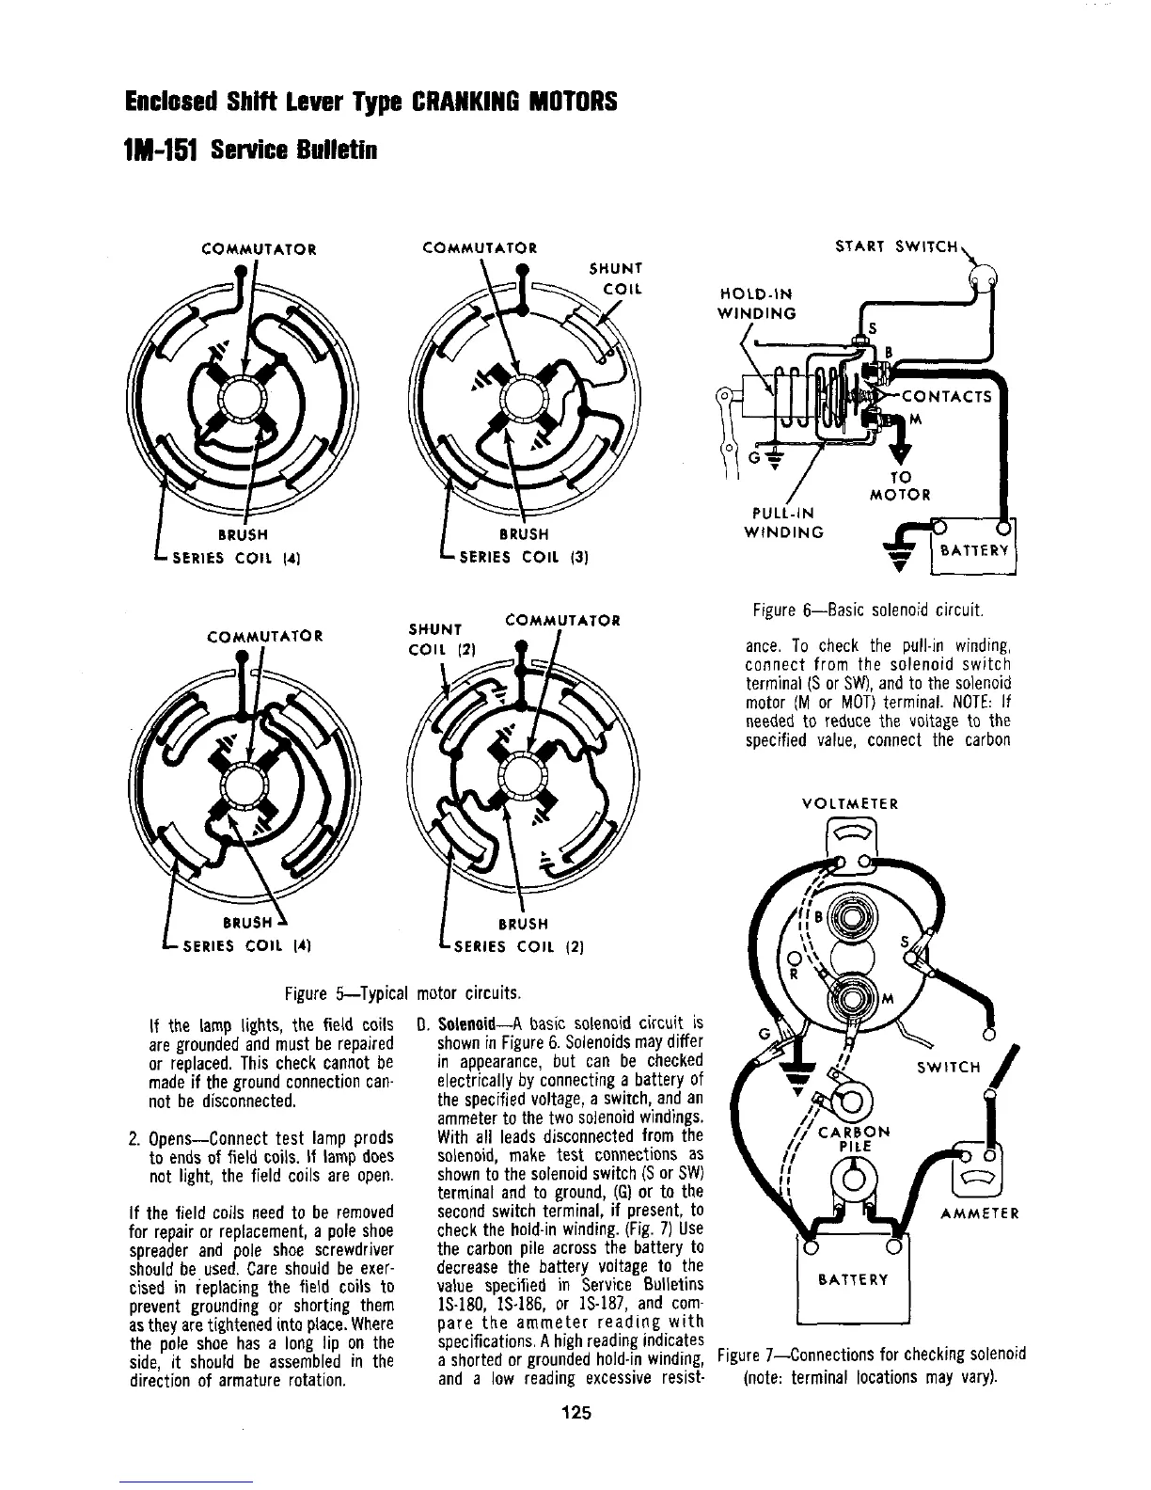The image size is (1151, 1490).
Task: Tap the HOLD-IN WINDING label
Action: point(757,303)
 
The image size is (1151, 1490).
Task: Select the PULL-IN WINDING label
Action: point(783,523)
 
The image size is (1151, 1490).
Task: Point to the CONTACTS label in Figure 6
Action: point(947,396)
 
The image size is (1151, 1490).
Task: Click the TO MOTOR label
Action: point(900,485)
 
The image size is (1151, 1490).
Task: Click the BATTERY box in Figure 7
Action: point(854,1279)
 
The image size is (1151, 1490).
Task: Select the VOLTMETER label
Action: point(849,804)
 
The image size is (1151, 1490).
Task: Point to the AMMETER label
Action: point(979,1213)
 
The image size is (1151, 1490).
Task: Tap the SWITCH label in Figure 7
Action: point(948,1068)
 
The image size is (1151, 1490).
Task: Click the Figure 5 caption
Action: point(402,993)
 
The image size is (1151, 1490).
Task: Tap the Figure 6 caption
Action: point(868,612)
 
